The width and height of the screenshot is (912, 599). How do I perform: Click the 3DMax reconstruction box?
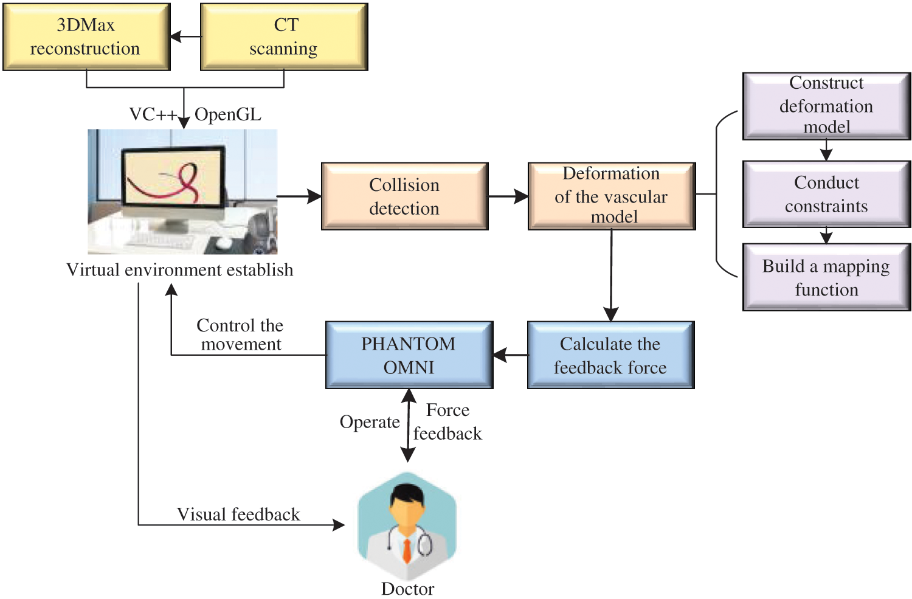[x=86, y=37]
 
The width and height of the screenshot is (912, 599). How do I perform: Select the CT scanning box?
[x=284, y=37]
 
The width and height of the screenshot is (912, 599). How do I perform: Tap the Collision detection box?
[x=404, y=196]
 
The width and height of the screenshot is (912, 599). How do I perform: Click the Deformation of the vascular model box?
[x=611, y=196]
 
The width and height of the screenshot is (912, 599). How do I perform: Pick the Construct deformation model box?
[x=826, y=106]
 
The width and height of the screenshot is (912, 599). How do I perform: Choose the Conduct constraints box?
[x=826, y=194]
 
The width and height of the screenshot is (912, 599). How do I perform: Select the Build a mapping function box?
[x=826, y=277]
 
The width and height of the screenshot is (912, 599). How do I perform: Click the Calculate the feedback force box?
[x=610, y=355]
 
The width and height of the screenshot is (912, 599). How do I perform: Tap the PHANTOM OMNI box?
[x=409, y=355]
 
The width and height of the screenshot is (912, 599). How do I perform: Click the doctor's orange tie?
[x=407, y=550]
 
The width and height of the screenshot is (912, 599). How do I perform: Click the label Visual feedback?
[x=238, y=514]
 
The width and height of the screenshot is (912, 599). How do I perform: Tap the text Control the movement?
[x=240, y=335]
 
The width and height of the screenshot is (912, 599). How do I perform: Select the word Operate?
[x=370, y=422]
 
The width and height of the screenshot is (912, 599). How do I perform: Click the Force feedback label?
[x=447, y=422]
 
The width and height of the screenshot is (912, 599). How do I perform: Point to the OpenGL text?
[x=228, y=114]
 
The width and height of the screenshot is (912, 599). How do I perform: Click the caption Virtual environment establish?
[x=180, y=270]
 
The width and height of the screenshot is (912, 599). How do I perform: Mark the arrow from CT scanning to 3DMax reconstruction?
[x=185, y=37]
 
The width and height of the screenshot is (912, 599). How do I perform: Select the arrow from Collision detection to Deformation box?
[x=508, y=196]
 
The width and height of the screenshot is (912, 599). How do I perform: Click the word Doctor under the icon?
[x=407, y=589]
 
